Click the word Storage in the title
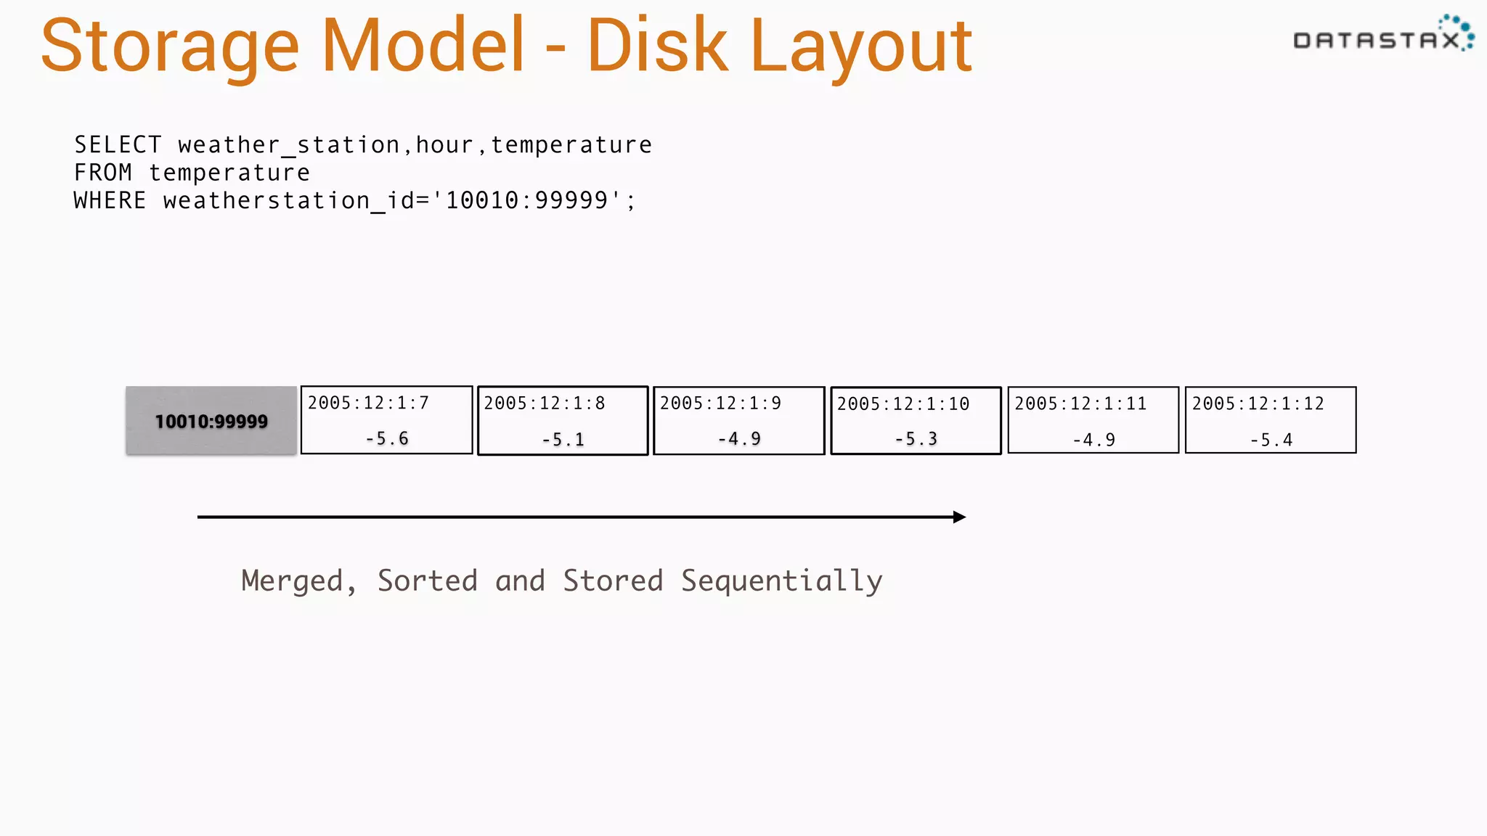(169, 47)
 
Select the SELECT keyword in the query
(118, 145)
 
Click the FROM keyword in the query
(103, 173)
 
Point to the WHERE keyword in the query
(110, 200)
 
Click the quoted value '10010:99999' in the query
(526, 200)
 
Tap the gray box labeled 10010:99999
(211, 421)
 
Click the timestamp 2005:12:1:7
(368, 403)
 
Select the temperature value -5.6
(387, 438)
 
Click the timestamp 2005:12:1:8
(545, 403)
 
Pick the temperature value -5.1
(563, 439)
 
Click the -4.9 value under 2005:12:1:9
(739, 438)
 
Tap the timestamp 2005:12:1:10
(903, 404)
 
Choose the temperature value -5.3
(916, 439)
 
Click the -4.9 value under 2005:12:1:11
(1093, 440)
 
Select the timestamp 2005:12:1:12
(1258, 403)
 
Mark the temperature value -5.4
(1271, 440)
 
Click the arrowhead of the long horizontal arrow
(959, 517)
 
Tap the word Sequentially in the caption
(781, 581)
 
